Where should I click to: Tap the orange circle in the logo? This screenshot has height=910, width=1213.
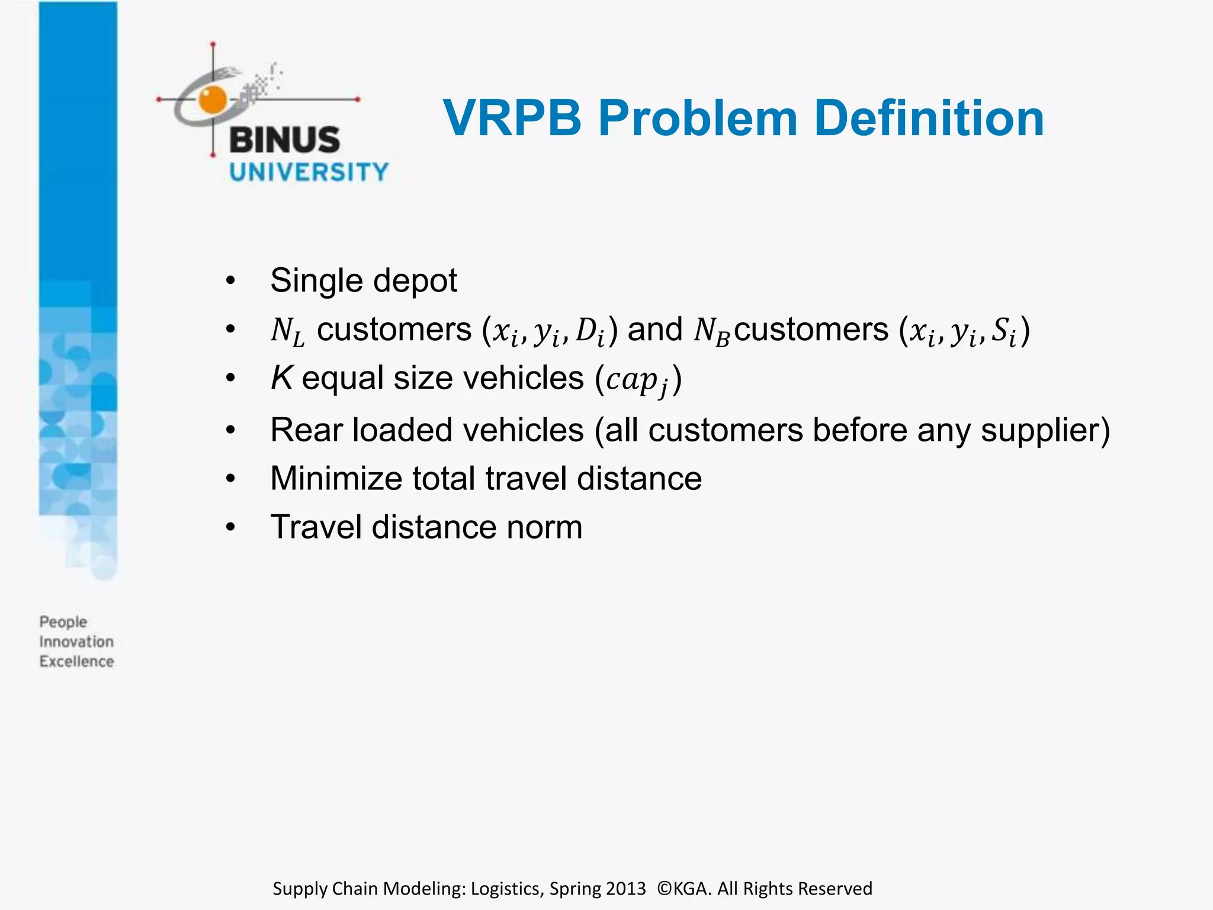pos(213,99)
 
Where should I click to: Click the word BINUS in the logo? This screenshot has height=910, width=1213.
pos(284,140)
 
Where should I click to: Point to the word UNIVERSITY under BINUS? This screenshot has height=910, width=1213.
pos(309,172)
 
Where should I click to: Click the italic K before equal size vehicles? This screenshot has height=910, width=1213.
pos(282,377)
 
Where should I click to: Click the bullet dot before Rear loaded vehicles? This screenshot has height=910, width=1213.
pos(230,430)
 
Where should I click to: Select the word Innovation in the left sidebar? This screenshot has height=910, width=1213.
pos(76,642)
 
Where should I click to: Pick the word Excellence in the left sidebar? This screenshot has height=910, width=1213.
pos(76,661)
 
